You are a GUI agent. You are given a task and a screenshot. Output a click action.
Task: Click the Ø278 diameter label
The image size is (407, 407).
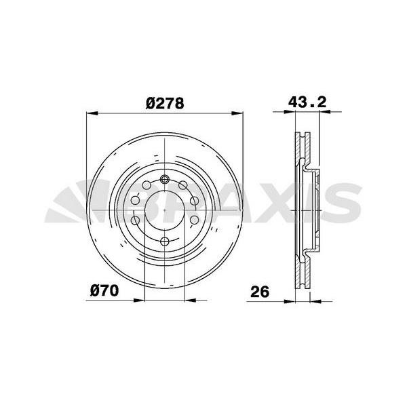click(165, 103)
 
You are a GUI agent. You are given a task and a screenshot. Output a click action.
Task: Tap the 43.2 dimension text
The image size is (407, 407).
click(307, 102)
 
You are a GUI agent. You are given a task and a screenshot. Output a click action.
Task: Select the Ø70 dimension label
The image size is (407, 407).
click(104, 290)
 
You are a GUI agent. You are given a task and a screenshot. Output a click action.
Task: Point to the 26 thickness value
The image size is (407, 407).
click(260, 292)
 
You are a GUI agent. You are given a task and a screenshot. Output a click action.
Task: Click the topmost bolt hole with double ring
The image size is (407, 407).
click(165, 179)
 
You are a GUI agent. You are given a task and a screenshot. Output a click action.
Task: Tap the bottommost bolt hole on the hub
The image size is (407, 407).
click(165, 241)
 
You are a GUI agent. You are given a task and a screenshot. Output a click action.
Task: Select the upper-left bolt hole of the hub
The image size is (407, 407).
click(147, 185)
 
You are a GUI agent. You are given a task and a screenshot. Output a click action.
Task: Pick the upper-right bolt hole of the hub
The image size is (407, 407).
click(182, 185)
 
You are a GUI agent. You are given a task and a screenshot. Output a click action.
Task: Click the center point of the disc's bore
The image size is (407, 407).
click(165, 210)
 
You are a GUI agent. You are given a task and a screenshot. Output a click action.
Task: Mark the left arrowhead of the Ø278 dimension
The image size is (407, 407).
click(92, 113)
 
